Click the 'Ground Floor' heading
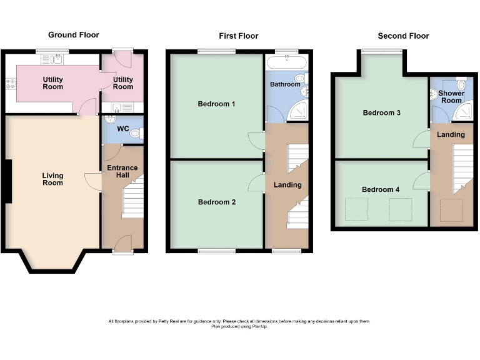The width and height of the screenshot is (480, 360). tap(74, 35)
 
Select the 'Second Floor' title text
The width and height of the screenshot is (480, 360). tap(403, 36)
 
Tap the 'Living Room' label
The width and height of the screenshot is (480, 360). tap(52, 179)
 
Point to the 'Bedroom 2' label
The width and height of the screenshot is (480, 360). tap(216, 202)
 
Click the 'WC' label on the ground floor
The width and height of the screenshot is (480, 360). tap(123, 129)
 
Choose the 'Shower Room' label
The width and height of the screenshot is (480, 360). tap(451, 97)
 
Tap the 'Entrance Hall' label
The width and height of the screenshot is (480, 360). tap(122, 172)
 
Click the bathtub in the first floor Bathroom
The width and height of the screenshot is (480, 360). tap(286, 62)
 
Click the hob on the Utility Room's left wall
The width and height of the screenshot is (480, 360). tap(10, 82)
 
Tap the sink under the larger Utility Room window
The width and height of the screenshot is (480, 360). tap(56, 59)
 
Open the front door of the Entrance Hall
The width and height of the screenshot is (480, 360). tap(122, 243)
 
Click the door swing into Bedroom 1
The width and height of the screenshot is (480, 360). tap(255, 140)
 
